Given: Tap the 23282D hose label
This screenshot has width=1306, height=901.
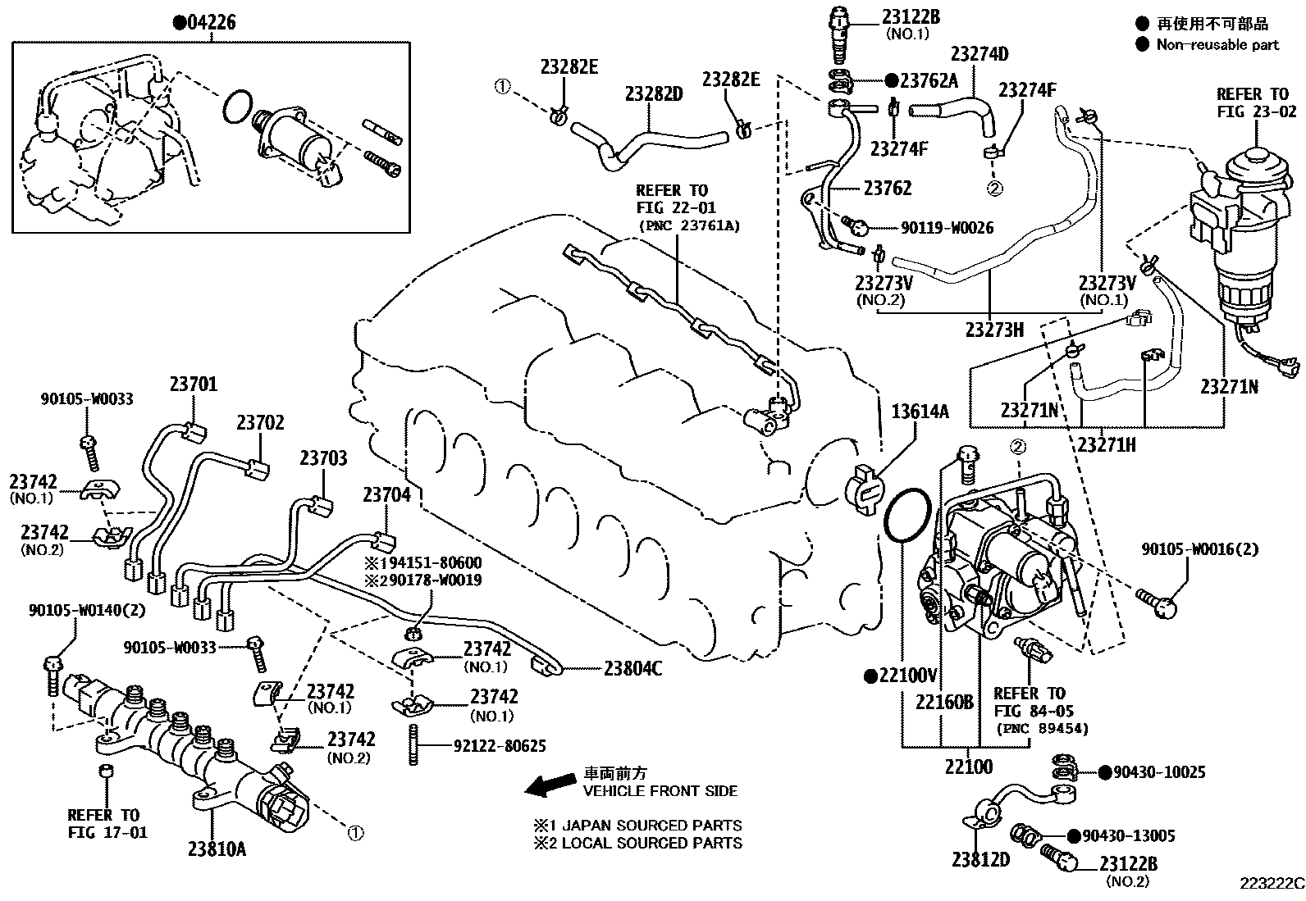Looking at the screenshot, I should (x=654, y=95).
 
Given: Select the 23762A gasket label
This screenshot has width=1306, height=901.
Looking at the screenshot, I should (x=927, y=81).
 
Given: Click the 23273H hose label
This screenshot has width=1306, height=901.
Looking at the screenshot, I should (x=994, y=330).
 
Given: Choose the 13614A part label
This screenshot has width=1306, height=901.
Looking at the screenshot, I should (x=920, y=412).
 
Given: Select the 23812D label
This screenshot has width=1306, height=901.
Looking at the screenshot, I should (x=980, y=860).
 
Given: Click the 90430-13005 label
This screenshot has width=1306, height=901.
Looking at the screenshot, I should (x=1127, y=835).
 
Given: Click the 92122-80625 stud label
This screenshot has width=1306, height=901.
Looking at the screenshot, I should (x=499, y=746).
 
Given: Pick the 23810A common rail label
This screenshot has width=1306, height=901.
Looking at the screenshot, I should (x=217, y=849).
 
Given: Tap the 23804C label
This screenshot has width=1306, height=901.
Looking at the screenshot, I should (x=632, y=668).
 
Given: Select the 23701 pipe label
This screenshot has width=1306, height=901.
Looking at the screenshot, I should (x=194, y=383).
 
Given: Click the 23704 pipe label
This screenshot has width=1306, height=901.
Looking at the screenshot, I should (x=386, y=494).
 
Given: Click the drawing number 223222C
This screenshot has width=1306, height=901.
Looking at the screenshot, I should (x=1271, y=884).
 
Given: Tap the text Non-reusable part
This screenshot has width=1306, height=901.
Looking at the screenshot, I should (x=1217, y=44).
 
